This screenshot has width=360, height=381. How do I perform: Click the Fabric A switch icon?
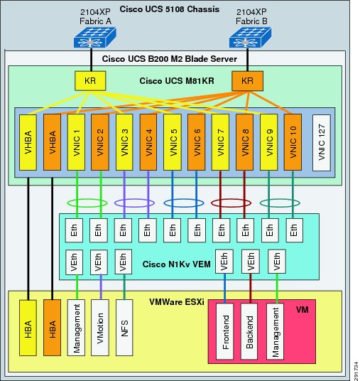pos(95,37)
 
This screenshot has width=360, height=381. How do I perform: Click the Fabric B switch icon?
pos(250,37)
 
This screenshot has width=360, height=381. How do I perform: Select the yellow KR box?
pos(90,81)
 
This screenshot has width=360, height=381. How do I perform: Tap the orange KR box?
pos(247,81)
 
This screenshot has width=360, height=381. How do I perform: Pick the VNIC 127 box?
pos(322,143)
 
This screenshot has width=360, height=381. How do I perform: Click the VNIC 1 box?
pos(76,142)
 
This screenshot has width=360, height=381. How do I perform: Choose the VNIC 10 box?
pos(293,142)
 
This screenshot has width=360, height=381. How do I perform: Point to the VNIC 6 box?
pos(197,142)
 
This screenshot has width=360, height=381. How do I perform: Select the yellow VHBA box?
pos(28,142)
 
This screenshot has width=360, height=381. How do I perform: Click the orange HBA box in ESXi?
pos(53,328)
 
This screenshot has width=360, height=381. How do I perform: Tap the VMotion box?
pos(100,328)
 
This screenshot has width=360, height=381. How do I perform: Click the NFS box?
pos(124,328)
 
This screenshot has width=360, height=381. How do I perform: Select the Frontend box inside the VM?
pos(225,331)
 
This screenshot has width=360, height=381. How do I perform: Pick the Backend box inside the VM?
pos(249,331)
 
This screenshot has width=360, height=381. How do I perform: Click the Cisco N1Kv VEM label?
pos(177,264)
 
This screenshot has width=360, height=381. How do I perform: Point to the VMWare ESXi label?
pos(177,302)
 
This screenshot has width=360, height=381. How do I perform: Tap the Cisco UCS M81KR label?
pos(177,81)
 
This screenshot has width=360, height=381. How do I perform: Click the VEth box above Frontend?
pos(224,262)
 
